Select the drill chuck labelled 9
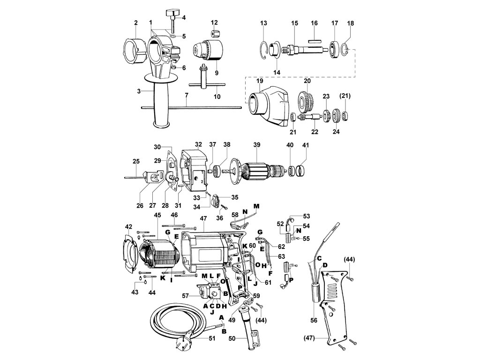click(206, 50)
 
